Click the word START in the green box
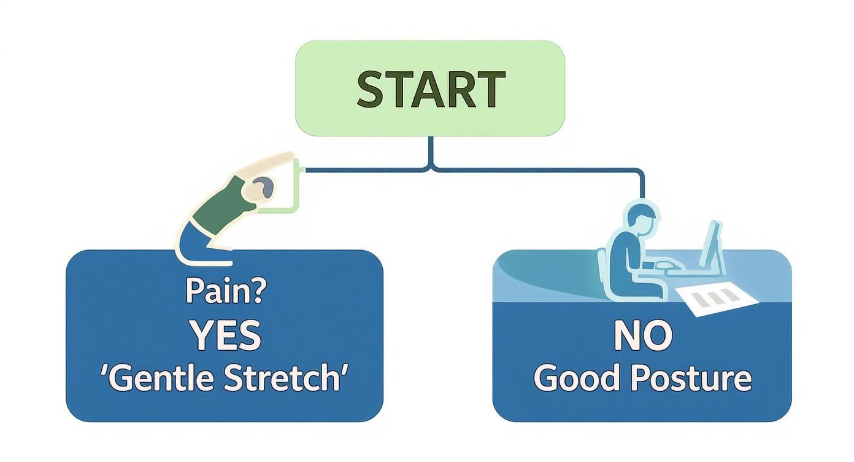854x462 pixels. click(431, 89)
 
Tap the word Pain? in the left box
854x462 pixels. click(225, 292)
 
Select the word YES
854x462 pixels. click(225, 335)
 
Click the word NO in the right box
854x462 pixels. click(642, 335)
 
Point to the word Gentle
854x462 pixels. click(158, 378)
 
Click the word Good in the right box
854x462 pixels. click(574, 378)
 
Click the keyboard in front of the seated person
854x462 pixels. click(667, 266)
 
